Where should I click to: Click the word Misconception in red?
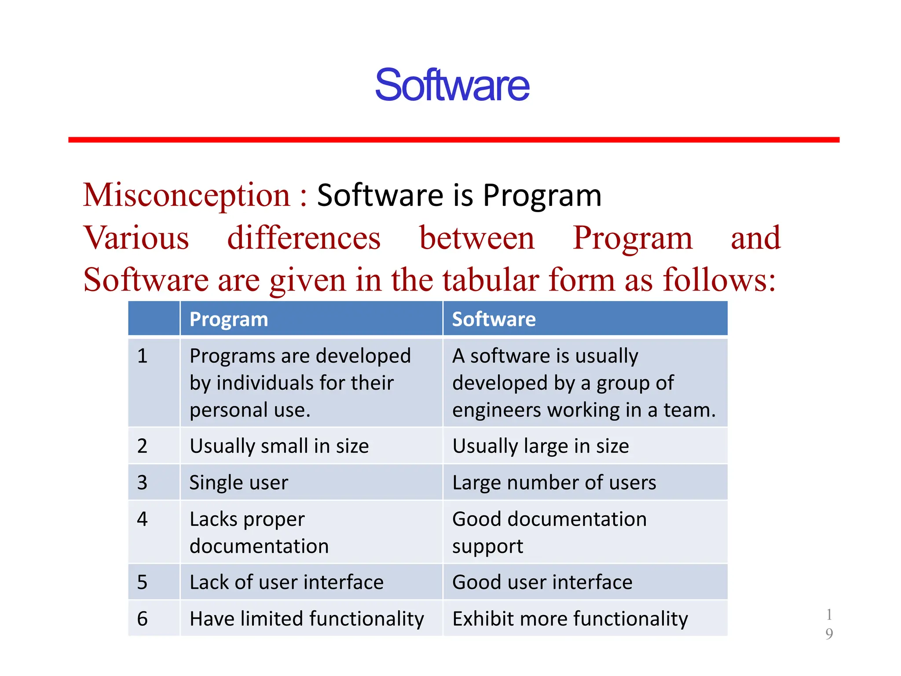187,195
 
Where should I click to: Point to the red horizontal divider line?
453,140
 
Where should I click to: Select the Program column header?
228,319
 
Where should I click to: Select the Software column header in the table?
494,319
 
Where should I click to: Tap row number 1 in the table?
142,356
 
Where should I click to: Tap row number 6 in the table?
142,619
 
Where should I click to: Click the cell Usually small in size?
279,446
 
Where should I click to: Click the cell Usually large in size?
540,446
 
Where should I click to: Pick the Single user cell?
238,483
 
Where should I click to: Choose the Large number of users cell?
554,483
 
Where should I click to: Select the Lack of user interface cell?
286,582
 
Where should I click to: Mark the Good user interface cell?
542,582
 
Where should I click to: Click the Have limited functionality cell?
307,619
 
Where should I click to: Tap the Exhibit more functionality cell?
570,619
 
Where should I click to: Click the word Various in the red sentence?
136,238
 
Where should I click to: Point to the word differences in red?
304,238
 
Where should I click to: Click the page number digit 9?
829,634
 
